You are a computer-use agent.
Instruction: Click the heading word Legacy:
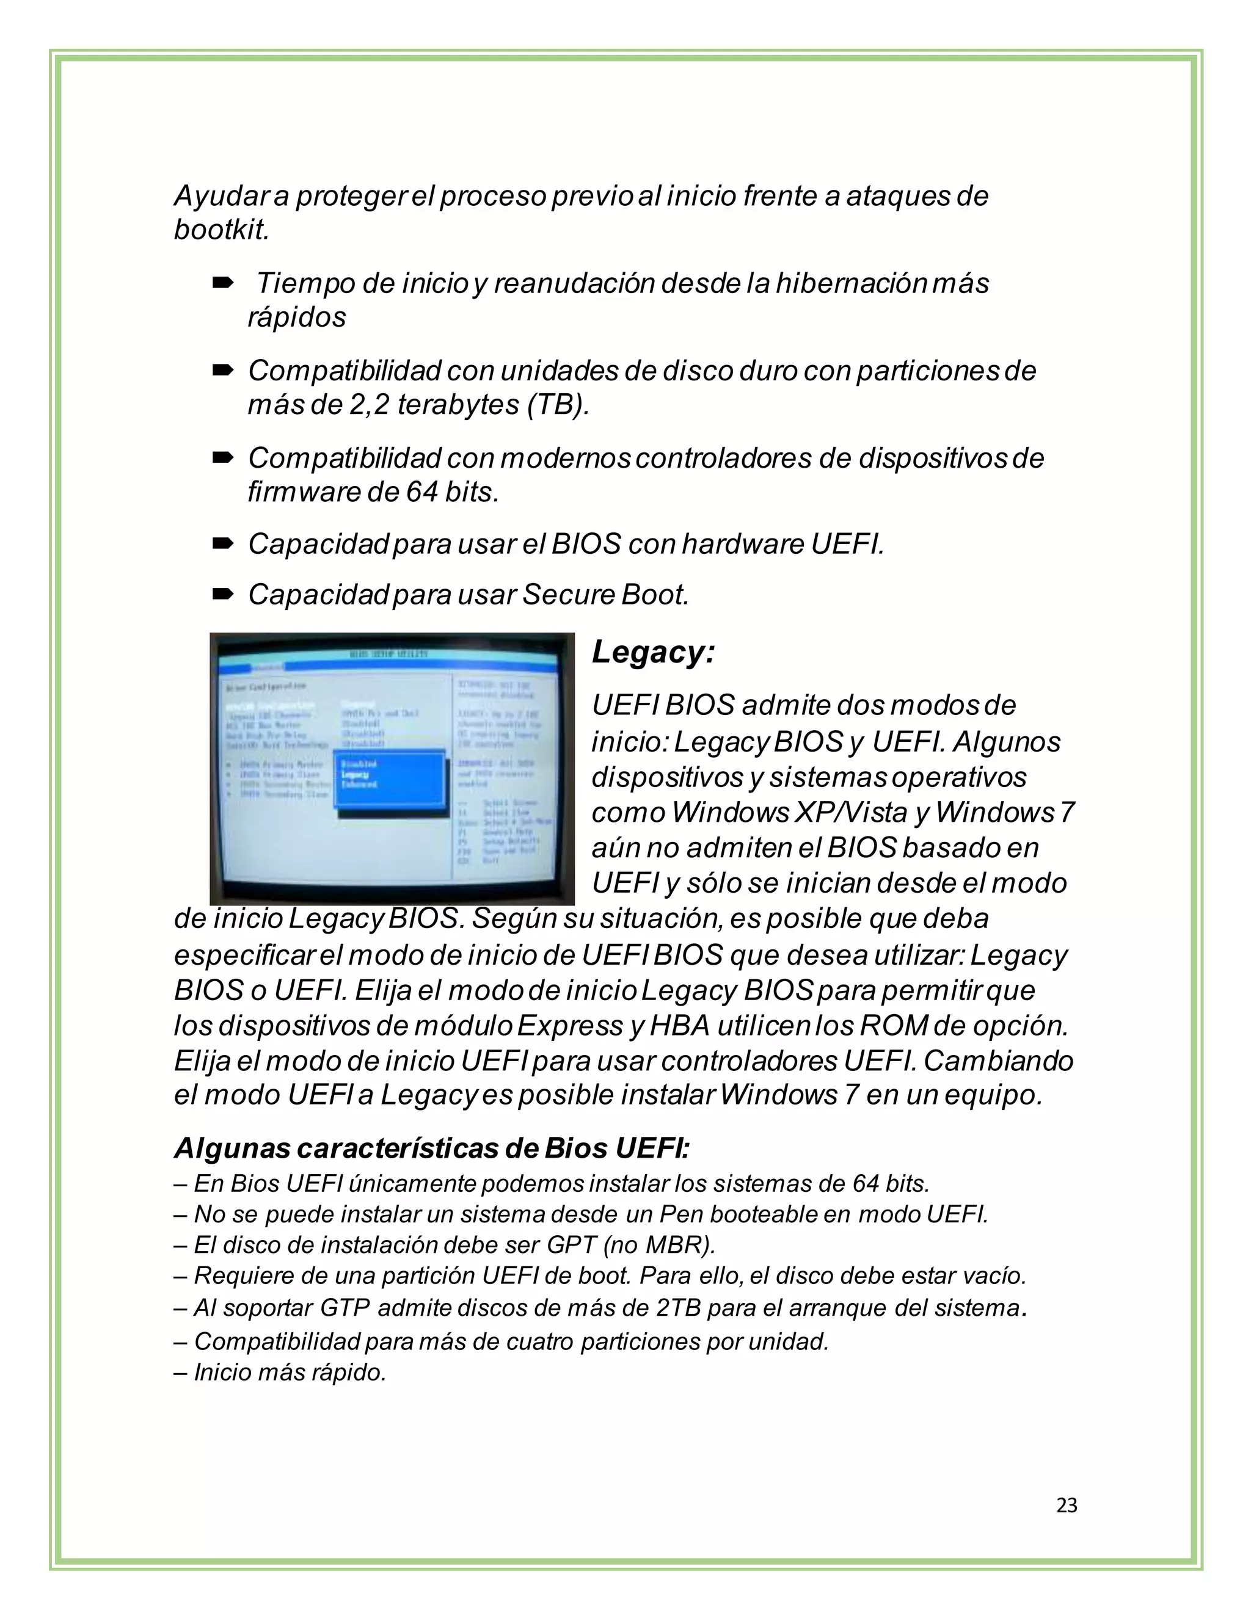pyautogui.click(x=653, y=653)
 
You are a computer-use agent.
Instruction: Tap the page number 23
pyautogui.click(x=1067, y=1504)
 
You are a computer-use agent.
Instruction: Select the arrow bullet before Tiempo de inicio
pyautogui.click(x=223, y=282)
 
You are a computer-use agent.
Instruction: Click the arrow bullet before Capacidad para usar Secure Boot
pyautogui.click(x=223, y=594)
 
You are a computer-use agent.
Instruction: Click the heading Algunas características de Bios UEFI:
pyautogui.click(x=431, y=1148)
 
